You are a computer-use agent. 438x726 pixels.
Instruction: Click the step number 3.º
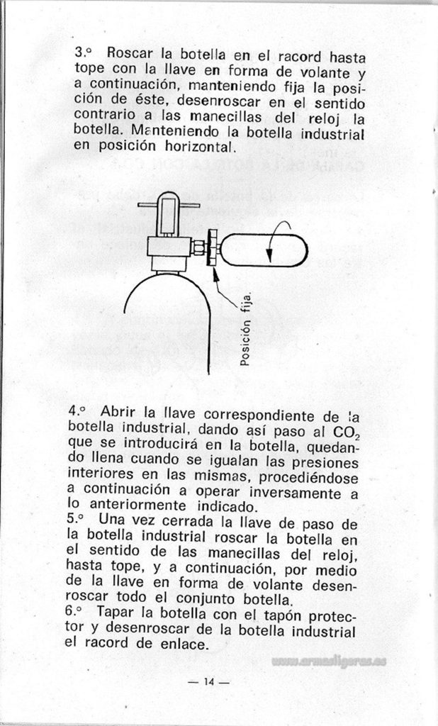point(83,52)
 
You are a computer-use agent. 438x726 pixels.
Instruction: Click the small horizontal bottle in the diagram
point(264,250)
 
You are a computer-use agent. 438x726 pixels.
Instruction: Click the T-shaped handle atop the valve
point(169,204)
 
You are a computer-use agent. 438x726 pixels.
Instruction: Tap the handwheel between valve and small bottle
point(213,248)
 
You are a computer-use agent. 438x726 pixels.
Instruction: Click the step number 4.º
point(77,411)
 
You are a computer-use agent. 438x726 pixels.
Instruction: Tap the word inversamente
point(295,492)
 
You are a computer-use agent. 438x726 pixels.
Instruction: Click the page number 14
point(208,682)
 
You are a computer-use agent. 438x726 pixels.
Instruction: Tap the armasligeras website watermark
point(329,661)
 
